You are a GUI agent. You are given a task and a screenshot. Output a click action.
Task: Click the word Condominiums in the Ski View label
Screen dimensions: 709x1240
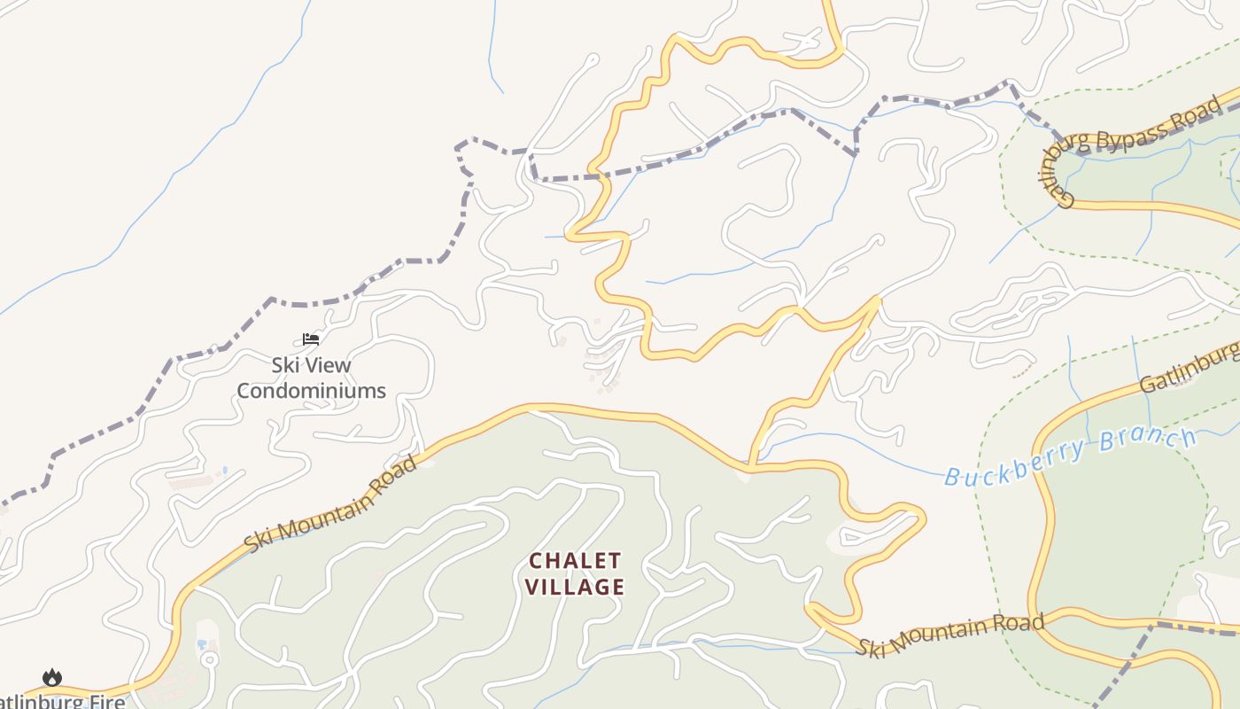pyautogui.click(x=311, y=391)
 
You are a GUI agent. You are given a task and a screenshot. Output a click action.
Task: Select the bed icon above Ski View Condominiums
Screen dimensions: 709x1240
pyautogui.click(x=310, y=339)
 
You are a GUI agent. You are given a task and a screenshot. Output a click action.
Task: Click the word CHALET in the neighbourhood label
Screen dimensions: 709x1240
pyautogui.click(x=575, y=561)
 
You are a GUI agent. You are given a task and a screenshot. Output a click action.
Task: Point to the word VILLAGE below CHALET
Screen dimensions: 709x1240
pyautogui.click(x=575, y=587)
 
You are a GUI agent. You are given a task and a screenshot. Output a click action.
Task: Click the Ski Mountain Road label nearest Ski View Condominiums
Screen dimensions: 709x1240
pyautogui.click(x=330, y=506)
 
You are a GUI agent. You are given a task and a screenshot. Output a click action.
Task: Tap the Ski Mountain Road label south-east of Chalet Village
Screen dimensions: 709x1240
pyautogui.click(x=949, y=633)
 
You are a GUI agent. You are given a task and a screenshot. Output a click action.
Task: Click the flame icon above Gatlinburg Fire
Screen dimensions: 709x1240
pyautogui.click(x=52, y=678)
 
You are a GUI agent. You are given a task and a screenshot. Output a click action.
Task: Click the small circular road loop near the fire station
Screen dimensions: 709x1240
pyautogui.click(x=209, y=660)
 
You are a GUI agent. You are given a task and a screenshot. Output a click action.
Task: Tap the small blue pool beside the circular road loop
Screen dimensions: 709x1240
pyautogui.click(x=203, y=643)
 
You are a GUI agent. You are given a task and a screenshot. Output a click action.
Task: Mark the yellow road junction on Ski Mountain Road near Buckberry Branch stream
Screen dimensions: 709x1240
pyautogui.click(x=751, y=464)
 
